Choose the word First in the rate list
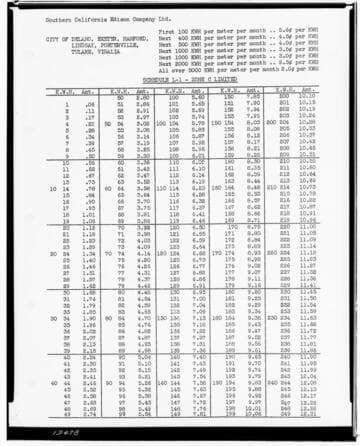tap(167, 32)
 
